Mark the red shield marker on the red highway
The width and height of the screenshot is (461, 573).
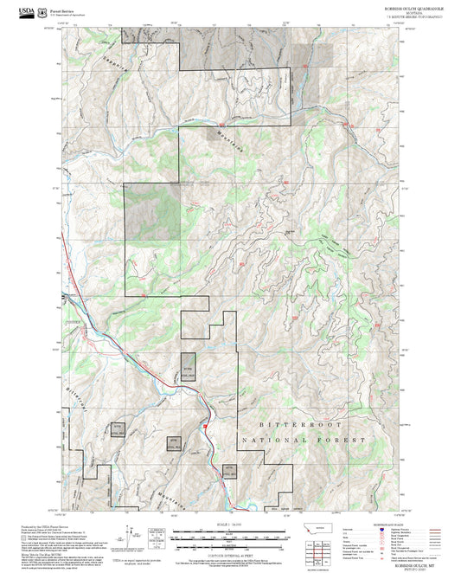205,425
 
